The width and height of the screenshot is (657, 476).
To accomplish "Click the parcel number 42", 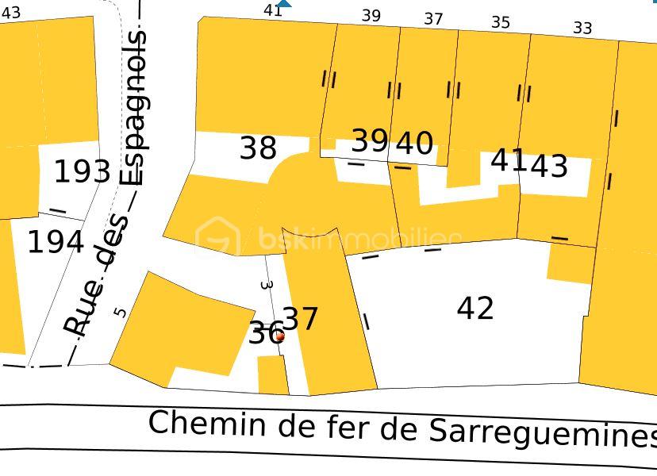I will click(475, 308).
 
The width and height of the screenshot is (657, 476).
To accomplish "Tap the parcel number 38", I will click(258, 148).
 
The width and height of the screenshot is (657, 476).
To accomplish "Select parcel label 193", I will click(82, 171).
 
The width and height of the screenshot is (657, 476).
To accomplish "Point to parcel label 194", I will click(56, 242).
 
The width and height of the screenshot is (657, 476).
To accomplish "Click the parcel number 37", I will click(301, 319).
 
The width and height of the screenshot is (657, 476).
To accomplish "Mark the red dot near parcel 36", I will click(279, 336).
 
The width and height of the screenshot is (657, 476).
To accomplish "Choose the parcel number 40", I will click(414, 144).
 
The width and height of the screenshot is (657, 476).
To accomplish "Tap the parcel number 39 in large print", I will click(370, 140).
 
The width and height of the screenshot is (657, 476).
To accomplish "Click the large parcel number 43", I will click(548, 166).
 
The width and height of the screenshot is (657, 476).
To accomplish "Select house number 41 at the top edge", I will click(273, 10).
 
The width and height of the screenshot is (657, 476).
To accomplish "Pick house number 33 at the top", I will click(582, 29).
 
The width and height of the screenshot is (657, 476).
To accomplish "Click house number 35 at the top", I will click(500, 22).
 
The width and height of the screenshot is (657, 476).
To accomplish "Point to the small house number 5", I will click(120, 312).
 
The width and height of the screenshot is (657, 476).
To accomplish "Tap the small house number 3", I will click(267, 284).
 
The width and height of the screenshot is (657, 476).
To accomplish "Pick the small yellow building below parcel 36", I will click(273, 374).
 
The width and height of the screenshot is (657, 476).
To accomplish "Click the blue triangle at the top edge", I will click(284, 3).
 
